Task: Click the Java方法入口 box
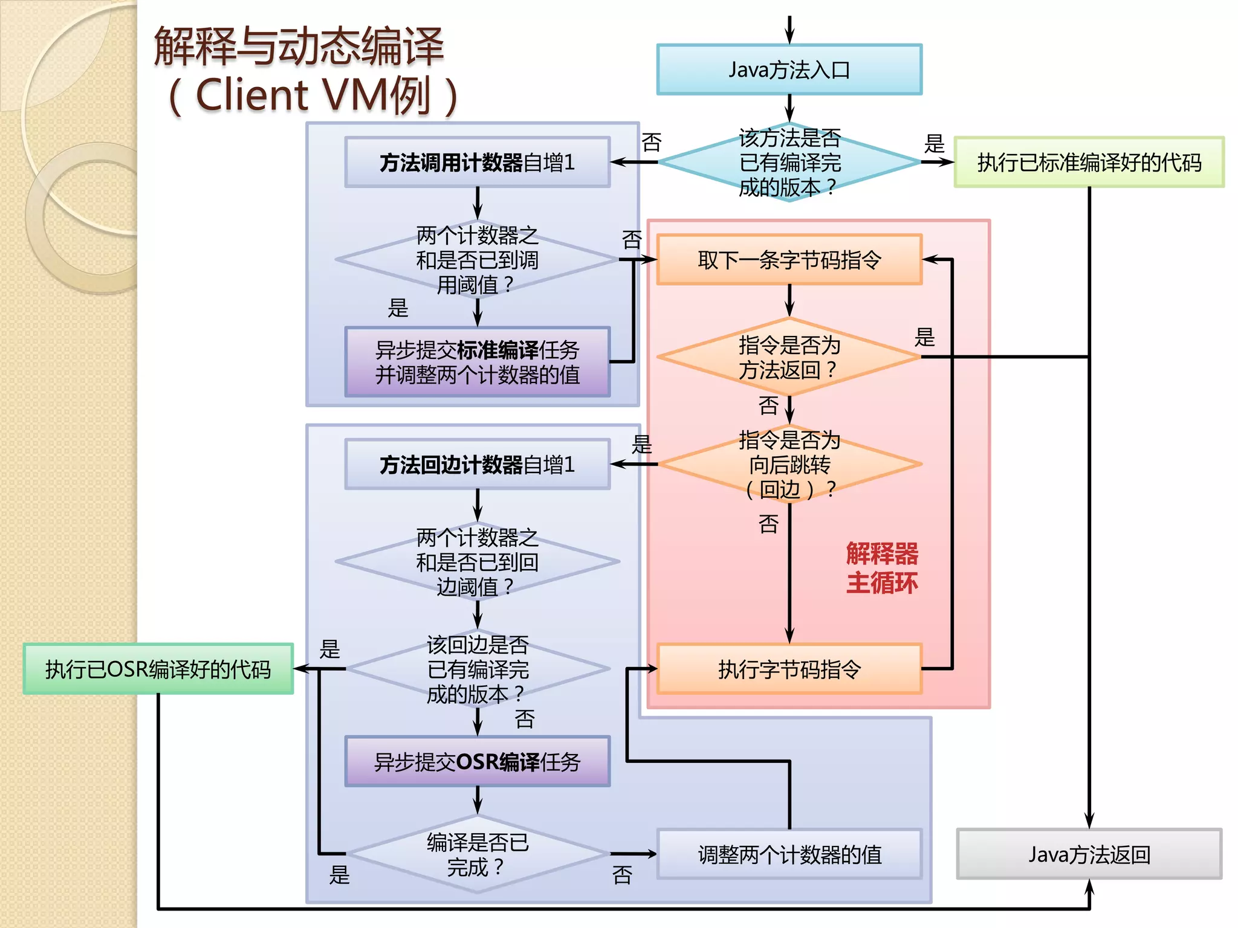789,69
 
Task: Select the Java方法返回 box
1089,854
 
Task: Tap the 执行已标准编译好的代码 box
1089,162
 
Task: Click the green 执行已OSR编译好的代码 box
158,669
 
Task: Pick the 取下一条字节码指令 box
789,260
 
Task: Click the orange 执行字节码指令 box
789,669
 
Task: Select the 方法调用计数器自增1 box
477,162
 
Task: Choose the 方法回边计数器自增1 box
477,464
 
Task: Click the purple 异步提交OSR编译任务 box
477,761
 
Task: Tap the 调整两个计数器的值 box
789,854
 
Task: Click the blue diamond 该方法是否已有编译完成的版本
789,162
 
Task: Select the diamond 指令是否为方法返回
789,357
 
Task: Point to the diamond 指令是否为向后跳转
789,464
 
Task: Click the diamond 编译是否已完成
477,854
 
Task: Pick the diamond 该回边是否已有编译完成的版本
477,669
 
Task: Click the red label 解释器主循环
881,568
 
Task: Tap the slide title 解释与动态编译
299,47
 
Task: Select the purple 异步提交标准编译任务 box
477,362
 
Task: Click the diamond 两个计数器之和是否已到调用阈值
477,260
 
